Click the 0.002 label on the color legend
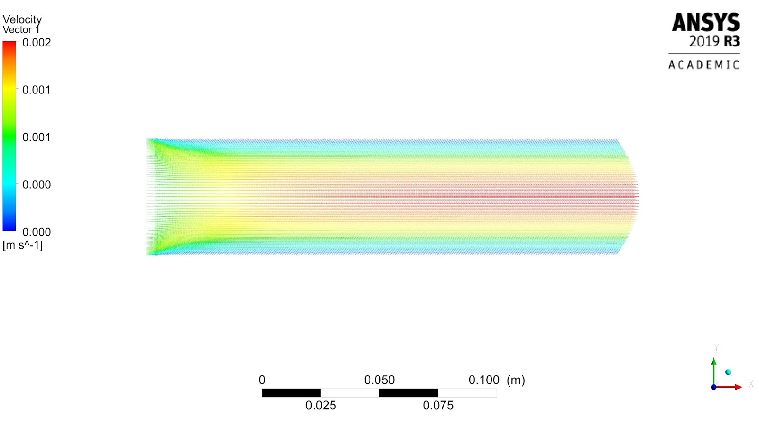[x=37, y=43]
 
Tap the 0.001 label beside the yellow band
[x=37, y=90]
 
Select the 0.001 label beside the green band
[x=37, y=138]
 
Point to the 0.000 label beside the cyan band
[x=37, y=185]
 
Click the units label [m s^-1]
[x=23, y=245]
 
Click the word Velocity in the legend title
[x=22, y=19]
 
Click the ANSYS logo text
[x=706, y=22]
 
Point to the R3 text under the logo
[x=731, y=41]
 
